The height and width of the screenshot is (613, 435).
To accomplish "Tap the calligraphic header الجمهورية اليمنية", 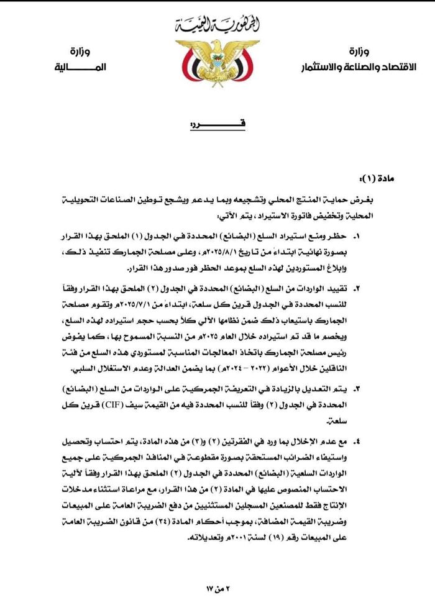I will pos(217,26).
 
